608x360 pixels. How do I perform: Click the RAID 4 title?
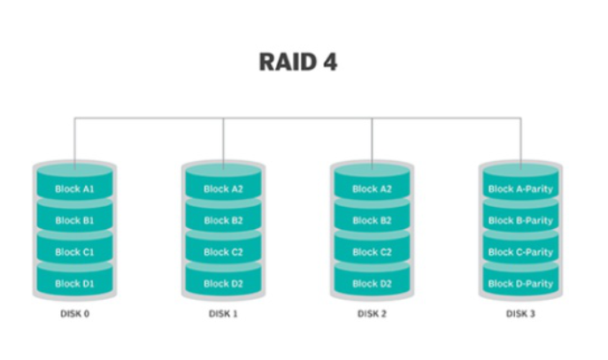(x=297, y=62)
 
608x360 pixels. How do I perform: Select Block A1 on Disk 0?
(x=74, y=189)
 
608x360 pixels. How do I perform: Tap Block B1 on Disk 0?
(x=74, y=221)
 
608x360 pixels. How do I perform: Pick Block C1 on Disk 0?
(x=74, y=253)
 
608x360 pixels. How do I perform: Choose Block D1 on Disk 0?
(x=74, y=284)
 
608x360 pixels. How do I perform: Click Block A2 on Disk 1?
(x=223, y=189)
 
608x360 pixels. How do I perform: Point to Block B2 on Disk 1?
(x=223, y=221)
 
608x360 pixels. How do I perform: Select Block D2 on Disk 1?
(x=223, y=284)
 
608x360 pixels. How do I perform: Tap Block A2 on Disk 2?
(x=372, y=189)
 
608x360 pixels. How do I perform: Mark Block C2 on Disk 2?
(x=372, y=253)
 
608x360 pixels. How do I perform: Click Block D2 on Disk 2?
(x=372, y=284)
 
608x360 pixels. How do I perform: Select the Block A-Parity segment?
(x=520, y=189)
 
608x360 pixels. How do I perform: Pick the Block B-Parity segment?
(x=520, y=221)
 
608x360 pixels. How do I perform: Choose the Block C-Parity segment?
(x=520, y=253)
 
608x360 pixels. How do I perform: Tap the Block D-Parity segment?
(x=520, y=284)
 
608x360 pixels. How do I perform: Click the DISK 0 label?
(x=74, y=314)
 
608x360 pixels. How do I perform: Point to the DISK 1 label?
(x=223, y=314)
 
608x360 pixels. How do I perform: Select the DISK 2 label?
(x=372, y=314)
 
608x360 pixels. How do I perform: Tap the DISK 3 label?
(x=520, y=314)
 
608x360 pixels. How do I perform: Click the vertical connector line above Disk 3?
(x=520, y=140)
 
